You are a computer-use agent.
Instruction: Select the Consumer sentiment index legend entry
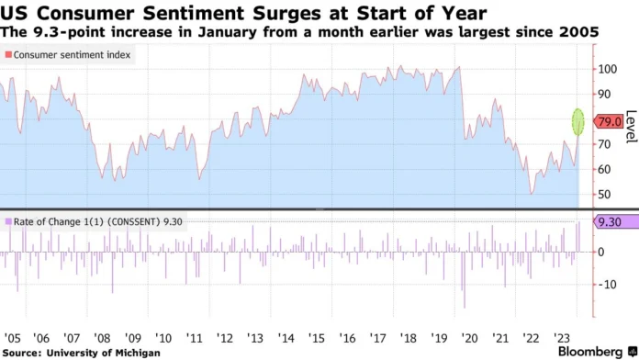point(69,55)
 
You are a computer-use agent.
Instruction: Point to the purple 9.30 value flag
point(610,221)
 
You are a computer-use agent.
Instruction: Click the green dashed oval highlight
point(578,121)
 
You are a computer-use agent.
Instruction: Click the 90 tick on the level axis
point(605,94)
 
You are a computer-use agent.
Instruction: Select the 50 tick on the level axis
point(605,195)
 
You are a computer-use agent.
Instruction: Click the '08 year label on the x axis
point(102,337)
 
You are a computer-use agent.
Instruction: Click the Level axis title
point(631,127)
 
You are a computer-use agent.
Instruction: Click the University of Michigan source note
point(82,352)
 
